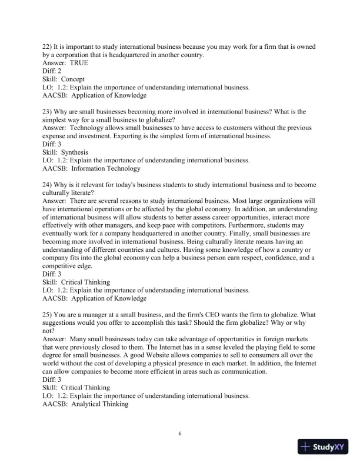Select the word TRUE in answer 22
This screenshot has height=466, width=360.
(x=79, y=63)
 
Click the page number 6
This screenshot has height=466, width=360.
(x=180, y=434)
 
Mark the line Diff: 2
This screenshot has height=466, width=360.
(x=54, y=71)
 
